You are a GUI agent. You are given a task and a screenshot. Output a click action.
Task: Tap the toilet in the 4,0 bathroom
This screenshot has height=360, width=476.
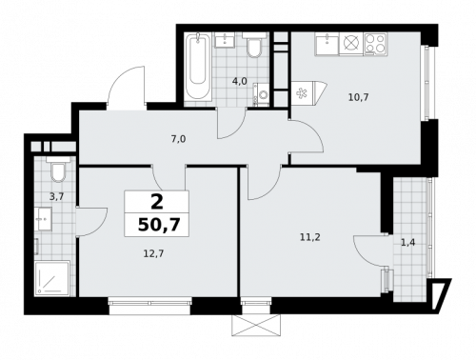pos(254,47)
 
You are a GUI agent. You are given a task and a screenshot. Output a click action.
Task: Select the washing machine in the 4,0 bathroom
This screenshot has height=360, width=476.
pos(263,95)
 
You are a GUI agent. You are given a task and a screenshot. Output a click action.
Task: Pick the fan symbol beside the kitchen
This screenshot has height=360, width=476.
pos(303,93)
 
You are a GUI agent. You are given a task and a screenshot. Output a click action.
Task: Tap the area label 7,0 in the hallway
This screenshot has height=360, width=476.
pos(178,139)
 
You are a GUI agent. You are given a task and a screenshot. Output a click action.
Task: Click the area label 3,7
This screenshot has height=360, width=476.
pos(56,196)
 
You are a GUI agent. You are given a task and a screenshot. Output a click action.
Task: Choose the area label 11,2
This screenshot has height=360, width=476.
pos(309,236)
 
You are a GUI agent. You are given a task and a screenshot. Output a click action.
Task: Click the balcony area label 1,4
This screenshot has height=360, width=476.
pos(407,243)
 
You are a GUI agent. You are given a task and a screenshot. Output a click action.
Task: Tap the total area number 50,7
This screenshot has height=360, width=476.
pos(156,226)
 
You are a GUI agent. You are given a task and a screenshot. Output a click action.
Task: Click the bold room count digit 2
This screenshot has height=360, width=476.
pos(156,201)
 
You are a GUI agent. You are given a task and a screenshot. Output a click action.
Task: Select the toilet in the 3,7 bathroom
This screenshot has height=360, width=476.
pos(58,171)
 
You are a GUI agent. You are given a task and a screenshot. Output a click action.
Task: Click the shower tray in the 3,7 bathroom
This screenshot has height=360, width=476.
pos(53,277)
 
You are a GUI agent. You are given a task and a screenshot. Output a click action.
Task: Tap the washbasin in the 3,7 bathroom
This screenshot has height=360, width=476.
pos(42,220)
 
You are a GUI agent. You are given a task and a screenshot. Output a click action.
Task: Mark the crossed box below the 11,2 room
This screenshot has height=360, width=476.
pos(255,325)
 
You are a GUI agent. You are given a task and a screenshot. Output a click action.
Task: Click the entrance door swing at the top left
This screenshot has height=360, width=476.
pos(127,89)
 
